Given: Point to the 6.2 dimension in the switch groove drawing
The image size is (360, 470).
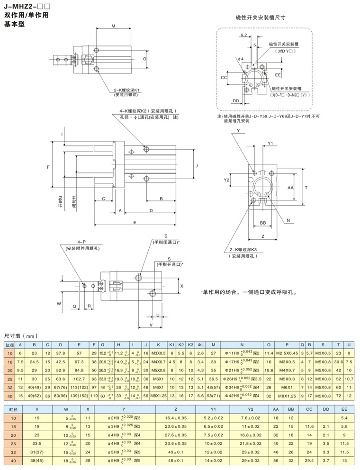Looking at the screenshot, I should click(243, 36).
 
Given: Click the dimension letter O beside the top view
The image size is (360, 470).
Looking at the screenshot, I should click(144, 60).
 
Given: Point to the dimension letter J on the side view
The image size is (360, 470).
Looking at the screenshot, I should click(197, 165).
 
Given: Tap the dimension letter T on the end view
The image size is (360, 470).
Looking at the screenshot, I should click(306, 188).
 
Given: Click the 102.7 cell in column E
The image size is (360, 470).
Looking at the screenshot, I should click(79, 379).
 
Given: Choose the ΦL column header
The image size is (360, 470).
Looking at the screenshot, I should click(200, 344).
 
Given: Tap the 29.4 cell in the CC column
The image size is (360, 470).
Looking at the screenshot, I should click(309, 461).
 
